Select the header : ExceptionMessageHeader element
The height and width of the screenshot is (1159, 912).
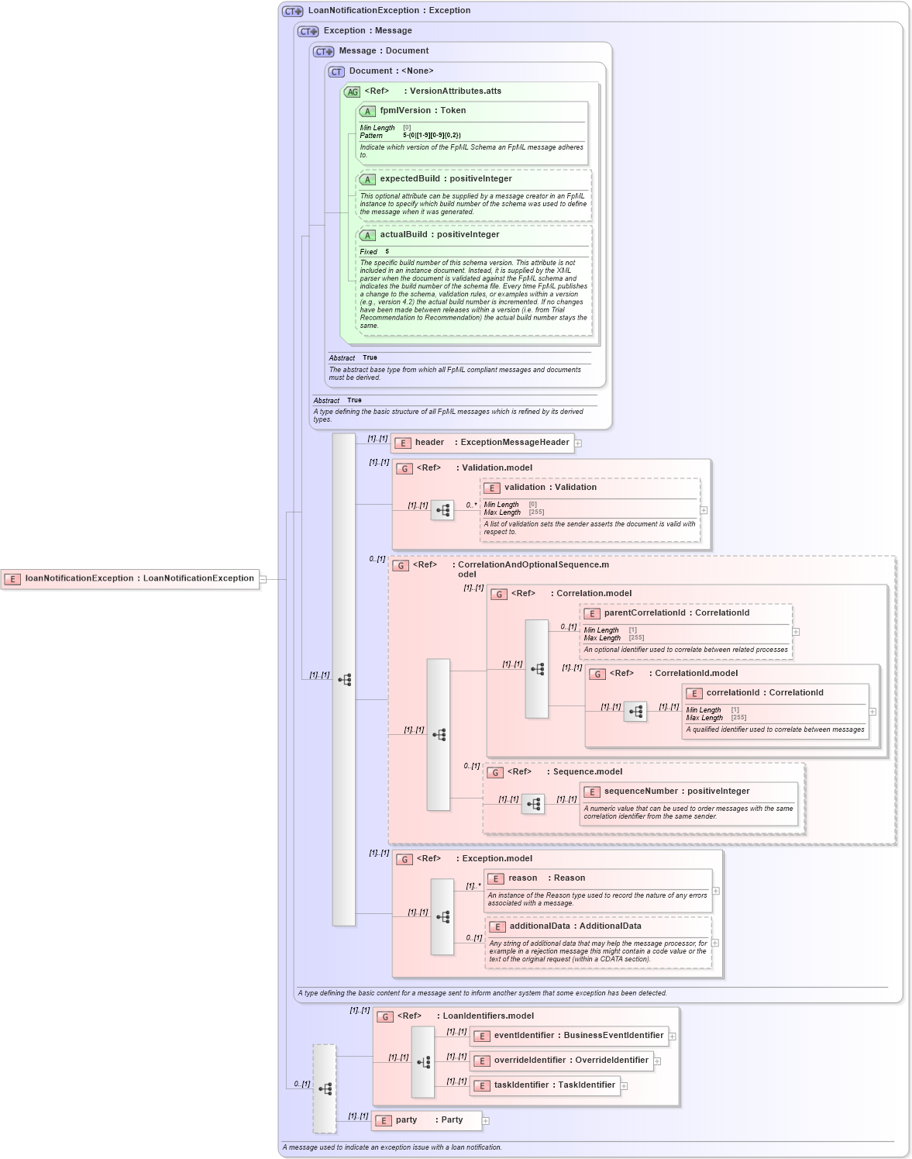[483, 443]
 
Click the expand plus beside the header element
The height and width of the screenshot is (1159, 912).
[578, 443]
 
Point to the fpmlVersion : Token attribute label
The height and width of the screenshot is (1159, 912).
[422, 111]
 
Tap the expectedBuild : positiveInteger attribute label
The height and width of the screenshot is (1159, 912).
[446, 179]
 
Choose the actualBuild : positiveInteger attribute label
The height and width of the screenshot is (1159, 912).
[439, 235]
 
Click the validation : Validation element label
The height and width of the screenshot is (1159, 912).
[550, 488]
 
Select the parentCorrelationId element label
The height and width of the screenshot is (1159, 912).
[676, 613]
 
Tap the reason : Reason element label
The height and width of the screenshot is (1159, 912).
[546, 878]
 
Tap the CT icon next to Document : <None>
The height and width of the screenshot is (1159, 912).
[336, 72]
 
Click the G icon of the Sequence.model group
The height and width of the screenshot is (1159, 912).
[495, 773]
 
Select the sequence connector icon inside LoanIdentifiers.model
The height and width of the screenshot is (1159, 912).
[423, 1062]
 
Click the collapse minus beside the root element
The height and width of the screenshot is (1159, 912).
[263, 579]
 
